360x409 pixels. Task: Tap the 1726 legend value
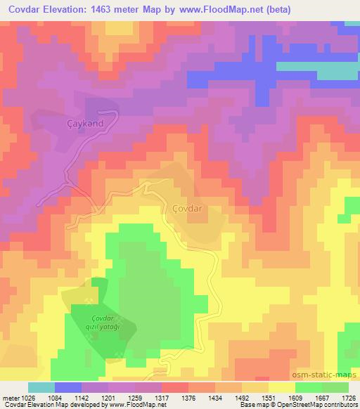349,398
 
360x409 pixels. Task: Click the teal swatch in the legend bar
41,387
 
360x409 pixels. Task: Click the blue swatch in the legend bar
67,387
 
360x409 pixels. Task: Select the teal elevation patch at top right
330,71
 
